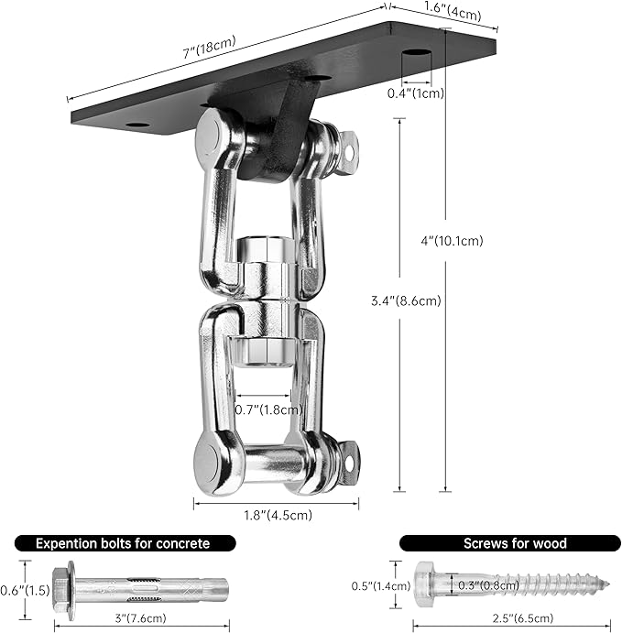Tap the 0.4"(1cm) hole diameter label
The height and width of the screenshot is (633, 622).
[414, 93]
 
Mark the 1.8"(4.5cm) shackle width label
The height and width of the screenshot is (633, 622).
[277, 515]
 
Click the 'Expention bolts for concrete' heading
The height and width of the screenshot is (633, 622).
[123, 543]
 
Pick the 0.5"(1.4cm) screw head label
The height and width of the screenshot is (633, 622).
[381, 585]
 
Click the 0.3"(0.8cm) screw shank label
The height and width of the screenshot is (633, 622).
[483, 585]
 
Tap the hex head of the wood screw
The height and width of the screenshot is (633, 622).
[426, 584]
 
